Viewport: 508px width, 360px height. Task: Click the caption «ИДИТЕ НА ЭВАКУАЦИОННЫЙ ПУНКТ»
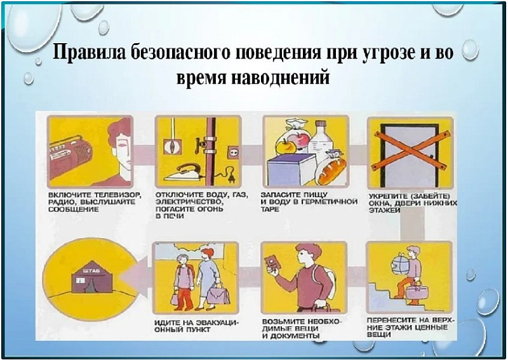196,326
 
